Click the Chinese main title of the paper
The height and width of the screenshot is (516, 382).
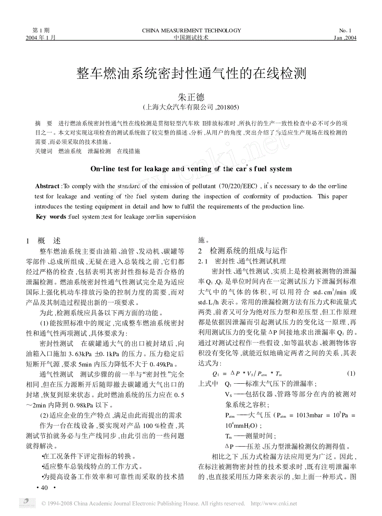click(191, 74)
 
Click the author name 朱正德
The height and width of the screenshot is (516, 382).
click(191, 97)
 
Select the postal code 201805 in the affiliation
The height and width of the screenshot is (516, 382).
click(229, 107)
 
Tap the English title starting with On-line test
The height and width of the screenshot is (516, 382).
click(191, 169)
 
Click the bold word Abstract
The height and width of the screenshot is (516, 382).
click(48, 186)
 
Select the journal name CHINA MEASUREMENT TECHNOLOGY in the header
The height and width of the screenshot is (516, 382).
click(191, 30)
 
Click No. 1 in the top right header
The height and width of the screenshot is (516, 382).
click(345, 30)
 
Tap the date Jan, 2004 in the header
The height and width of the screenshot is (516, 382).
click(345, 37)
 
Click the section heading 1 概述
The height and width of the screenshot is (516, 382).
click(43, 241)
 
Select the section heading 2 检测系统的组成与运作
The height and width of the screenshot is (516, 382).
click(242, 251)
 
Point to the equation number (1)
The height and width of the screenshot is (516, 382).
click(351, 373)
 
